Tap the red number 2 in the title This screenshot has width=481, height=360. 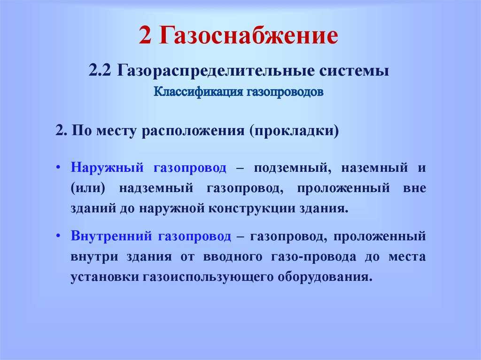pos(145,35)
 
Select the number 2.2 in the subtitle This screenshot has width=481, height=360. pos(100,70)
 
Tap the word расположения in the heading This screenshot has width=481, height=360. pos(193,131)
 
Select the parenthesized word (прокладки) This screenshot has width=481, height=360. pos(294,131)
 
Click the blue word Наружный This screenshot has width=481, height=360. pos(107,168)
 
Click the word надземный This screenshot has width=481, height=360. pos(156,188)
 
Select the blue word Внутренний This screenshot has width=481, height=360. pos(111,236)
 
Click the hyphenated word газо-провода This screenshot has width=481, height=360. pos(313,257)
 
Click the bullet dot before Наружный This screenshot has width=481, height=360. pos(58,168)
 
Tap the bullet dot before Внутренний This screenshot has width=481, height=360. pos(58,236)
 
